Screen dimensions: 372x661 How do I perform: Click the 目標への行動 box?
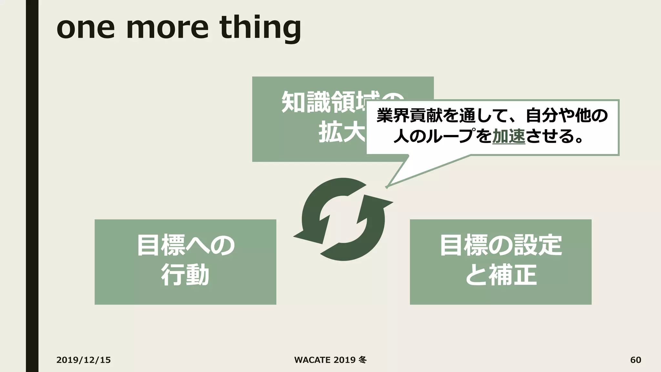click(x=185, y=262)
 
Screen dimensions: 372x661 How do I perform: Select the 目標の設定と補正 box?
click(x=500, y=262)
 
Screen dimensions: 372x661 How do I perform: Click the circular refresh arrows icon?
click(x=343, y=219)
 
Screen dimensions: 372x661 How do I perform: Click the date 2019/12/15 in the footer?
click(x=83, y=360)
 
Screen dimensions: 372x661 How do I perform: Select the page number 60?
click(x=636, y=360)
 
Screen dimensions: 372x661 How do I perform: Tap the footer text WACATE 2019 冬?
click(x=330, y=360)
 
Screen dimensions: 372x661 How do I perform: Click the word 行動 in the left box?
click(x=185, y=275)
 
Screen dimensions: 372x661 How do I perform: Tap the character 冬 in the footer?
click(x=362, y=360)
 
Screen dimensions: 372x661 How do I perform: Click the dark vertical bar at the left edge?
click(x=32, y=186)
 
